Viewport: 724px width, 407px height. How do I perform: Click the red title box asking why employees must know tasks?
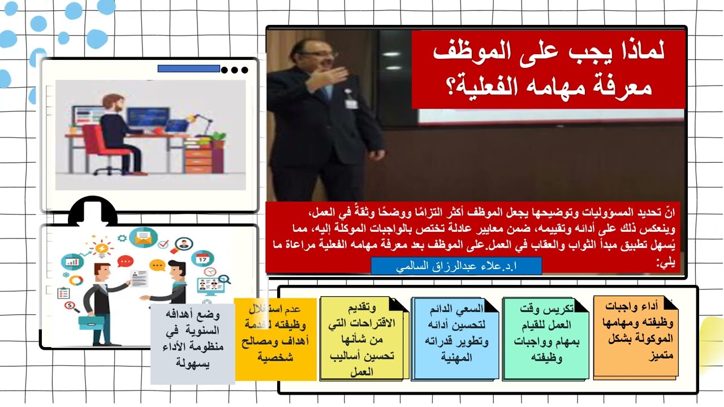[548, 70]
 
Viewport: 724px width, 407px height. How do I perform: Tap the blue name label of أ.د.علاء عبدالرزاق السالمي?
[456, 266]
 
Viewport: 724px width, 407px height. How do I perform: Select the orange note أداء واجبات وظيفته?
[636, 337]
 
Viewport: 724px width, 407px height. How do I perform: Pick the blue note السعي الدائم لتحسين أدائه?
[456, 338]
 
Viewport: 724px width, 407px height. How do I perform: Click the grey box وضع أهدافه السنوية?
[192, 344]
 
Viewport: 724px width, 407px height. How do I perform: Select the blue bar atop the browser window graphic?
[188, 69]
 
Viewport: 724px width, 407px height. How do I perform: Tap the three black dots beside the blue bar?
[235, 70]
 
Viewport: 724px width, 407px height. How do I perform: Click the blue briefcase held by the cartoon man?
[90, 323]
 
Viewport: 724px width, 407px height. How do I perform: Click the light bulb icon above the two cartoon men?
[102, 248]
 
